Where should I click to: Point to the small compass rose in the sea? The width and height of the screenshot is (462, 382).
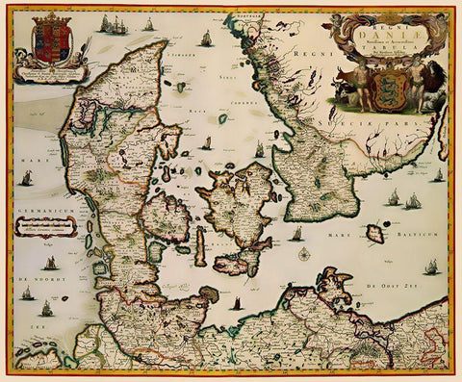click(304, 253)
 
